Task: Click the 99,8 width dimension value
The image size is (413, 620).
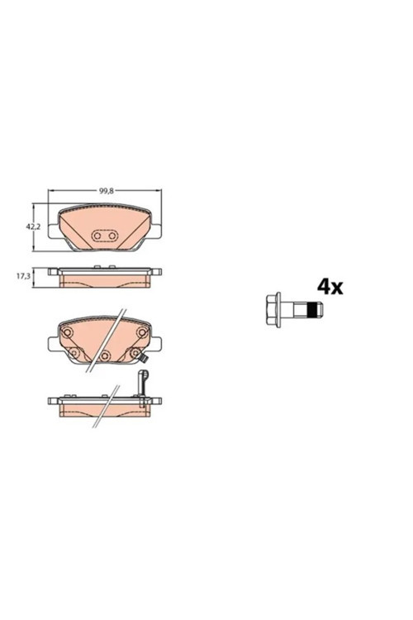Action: (107, 191)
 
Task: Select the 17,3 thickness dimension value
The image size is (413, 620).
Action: (23, 276)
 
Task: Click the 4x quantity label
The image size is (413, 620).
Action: (330, 287)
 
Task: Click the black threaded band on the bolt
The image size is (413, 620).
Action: (312, 310)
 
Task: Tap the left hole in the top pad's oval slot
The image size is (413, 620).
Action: (97, 236)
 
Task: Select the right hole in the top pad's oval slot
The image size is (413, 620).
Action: (112, 236)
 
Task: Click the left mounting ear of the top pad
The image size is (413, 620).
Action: (54, 231)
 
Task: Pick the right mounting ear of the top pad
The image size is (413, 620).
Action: (156, 231)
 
